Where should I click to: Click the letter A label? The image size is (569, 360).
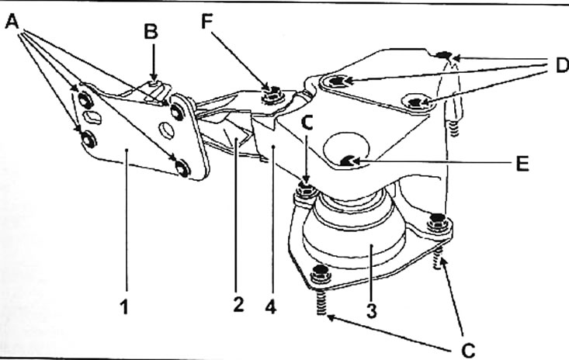[12, 22]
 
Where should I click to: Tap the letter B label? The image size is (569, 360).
[151, 32]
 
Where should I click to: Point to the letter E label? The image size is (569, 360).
[522, 163]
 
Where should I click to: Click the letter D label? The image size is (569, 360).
[562, 66]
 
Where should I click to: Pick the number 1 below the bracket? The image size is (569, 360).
[124, 307]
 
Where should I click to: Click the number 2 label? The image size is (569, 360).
[238, 305]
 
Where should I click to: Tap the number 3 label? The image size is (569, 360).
[371, 310]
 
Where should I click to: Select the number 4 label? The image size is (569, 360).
[271, 307]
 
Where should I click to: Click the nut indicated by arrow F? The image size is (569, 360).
[271, 94]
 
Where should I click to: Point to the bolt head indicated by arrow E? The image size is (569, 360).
[348, 161]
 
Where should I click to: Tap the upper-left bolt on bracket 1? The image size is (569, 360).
[85, 99]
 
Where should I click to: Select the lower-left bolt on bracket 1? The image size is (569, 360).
[88, 139]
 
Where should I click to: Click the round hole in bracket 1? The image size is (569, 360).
[167, 130]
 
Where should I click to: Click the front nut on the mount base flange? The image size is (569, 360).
[321, 274]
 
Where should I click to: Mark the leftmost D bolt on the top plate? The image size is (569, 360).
[337, 81]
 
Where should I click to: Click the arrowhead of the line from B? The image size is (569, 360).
[154, 78]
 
